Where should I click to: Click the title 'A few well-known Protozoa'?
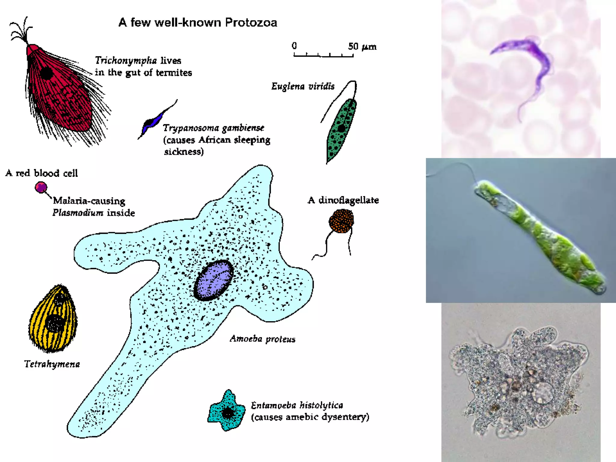click(x=198, y=23)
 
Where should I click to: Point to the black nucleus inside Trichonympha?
click(x=46, y=73)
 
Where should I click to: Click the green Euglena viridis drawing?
click(x=341, y=129)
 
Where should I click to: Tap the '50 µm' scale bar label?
click(x=362, y=47)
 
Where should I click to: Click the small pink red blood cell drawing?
click(x=41, y=187)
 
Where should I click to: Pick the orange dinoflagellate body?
click(x=341, y=221)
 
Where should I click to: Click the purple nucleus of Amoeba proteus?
click(x=214, y=280)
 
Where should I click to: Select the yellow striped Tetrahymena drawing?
click(x=53, y=319)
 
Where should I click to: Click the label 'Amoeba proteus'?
click(x=262, y=339)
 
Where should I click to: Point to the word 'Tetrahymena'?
click(x=52, y=364)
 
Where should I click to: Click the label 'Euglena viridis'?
click(x=303, y=87)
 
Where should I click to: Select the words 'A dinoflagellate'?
click(x=343, y=200)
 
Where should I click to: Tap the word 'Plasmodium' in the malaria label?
click(x=78, y=213)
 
